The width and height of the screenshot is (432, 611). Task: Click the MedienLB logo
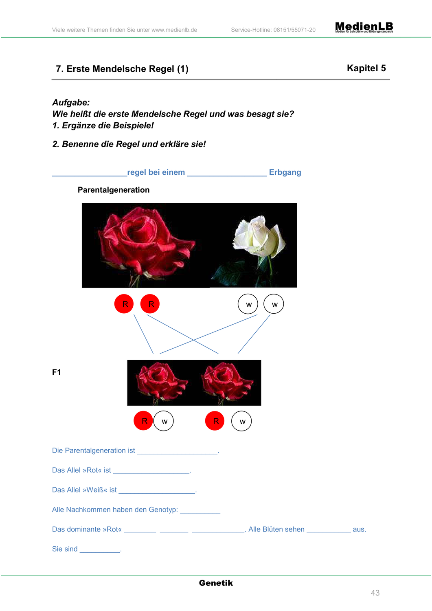pyautogui.click(x=364, y=27)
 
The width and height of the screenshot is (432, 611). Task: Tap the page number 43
pyautogui.click(x=375, y=593)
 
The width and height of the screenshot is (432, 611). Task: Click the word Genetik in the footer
pyautogui.click(x=216, y=583)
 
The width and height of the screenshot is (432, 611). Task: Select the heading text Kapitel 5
pyautogui.click(x=366, y=68)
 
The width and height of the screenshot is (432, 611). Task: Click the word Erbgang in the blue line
pyautogui.click(x=285, y=172)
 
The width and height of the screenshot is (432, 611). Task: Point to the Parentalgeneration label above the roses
pyautogui.click(x=114, y=190)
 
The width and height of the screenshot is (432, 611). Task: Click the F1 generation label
pyautogui.click(x=57, y=372)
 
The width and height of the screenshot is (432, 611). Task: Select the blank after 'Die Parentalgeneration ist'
pyautogui.click(x=177, y=453)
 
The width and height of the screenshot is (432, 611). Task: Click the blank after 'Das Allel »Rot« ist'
pyautogui.click(x=151, y=473)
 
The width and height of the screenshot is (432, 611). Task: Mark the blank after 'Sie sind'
pyautogui.click(x=100, y=552)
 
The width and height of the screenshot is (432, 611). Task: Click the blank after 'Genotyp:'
pyautogui.click(x=200, y=512)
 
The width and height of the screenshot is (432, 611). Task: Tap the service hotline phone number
pyautogui.click(x=294, y=30)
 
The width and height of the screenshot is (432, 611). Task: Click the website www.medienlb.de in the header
pyautogui.click(x=174, y=30)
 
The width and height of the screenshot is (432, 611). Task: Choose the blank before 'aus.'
pyautogui.click(x=329, y=532)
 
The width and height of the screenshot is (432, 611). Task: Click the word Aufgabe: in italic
pyautogui.click(x=71, y=103)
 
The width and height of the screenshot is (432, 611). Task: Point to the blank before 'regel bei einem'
pyautogui.click(x=90, y=176)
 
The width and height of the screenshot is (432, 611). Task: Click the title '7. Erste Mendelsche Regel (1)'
pyautogui.click(x=122, y=69)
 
